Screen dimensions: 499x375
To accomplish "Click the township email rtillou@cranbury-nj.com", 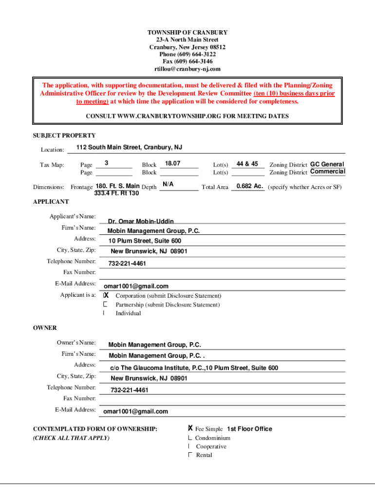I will click(x=187, y=69).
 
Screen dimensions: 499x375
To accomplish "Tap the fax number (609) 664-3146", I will click(x=187, y=62).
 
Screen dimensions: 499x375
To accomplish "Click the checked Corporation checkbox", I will click(x=106, y=296).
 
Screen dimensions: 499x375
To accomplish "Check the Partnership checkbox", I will click(x=105, y=305).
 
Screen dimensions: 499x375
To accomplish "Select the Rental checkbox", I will click(x=190, y=455).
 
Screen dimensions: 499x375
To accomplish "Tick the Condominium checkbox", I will click(x=190, y=438).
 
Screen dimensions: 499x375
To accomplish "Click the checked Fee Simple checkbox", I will click(x=190, y=429).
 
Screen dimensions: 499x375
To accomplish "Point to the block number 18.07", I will click(x=173, y=164).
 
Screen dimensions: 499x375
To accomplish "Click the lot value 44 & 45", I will click(x=247, y=164).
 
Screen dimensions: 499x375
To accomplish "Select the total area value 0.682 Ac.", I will click(x=250, y=186).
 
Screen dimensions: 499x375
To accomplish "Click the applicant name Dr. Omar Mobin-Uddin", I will click(x=141, y=222).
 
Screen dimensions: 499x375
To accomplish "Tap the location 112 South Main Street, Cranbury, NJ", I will click(x=129, y=147).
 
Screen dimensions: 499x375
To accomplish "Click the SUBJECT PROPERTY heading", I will click(x=64, y=135).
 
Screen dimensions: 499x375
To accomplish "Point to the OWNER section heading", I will click(x=45, y=328).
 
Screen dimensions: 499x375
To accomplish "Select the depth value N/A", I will click(x=168, y=184).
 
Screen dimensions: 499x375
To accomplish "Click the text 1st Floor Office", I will click(x=249, y=429).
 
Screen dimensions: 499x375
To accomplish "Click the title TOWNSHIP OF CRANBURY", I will click(x=187, y=33).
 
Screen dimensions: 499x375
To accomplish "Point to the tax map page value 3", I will click(x=106, y=163).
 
